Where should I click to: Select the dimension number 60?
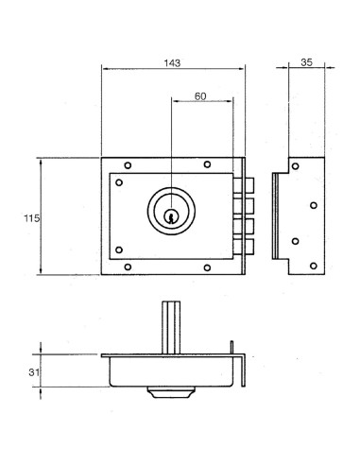[200, 97]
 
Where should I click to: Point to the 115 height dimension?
[30, 218]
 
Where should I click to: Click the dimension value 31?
[34, 373]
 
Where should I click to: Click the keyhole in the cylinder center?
[170, 216]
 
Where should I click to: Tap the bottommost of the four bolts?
[249, 248]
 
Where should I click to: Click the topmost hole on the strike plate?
[296, 166]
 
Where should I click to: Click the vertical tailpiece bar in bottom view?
[170, 327]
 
